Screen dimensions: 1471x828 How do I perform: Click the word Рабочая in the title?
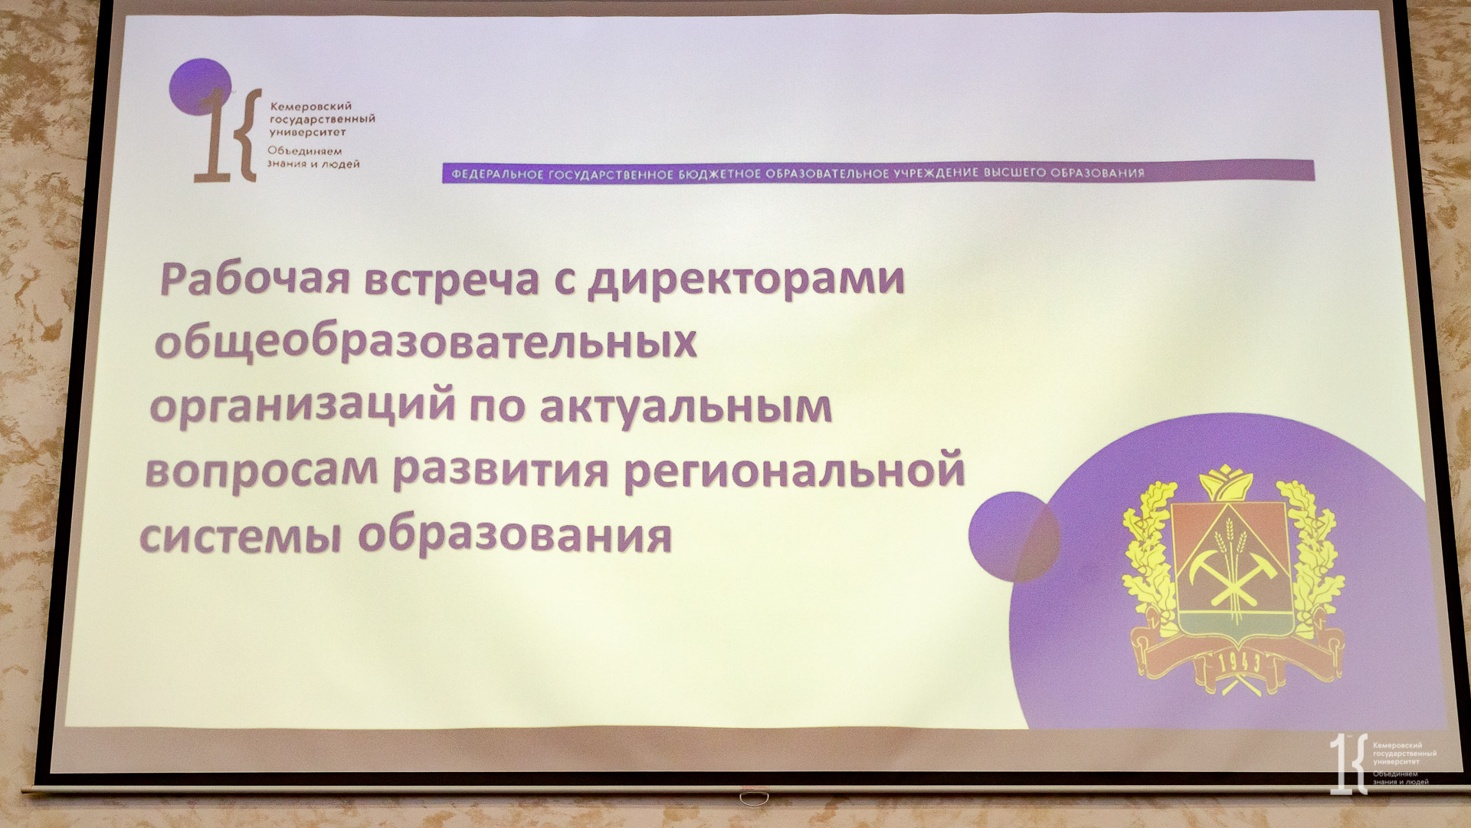coord(255,278)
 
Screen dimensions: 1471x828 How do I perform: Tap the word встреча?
coord(451,279)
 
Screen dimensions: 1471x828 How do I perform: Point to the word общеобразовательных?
coord(426,342)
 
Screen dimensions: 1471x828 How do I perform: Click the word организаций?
coord(303,406)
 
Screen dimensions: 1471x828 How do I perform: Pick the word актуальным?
coord(686,406)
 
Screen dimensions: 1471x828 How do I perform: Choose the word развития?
coord(501,470)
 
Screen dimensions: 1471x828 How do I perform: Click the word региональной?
coord(794,470)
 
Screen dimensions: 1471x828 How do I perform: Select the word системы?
coord(240,536)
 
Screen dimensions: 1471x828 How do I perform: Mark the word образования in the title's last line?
coord(515,534)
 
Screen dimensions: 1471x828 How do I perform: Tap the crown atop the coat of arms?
coord(1226,483)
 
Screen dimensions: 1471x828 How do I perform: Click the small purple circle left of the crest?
coord(1014,537)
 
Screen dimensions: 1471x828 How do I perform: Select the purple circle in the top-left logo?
coord(200,87)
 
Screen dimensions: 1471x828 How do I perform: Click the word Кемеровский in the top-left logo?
coord(311,107)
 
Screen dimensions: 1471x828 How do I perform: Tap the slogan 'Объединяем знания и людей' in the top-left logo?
coord(313,157)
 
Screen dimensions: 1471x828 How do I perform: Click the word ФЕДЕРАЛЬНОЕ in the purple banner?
coord(496,174)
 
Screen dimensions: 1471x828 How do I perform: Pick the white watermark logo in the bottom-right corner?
coord(1382,763)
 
